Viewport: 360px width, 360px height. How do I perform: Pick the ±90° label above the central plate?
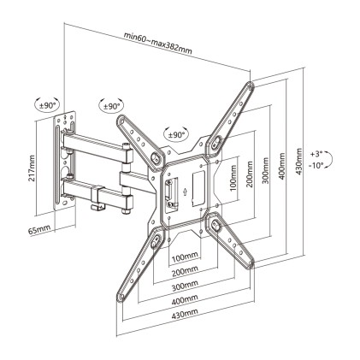(x=175, y=135)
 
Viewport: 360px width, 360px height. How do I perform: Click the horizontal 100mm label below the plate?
(x=185, y=257)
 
